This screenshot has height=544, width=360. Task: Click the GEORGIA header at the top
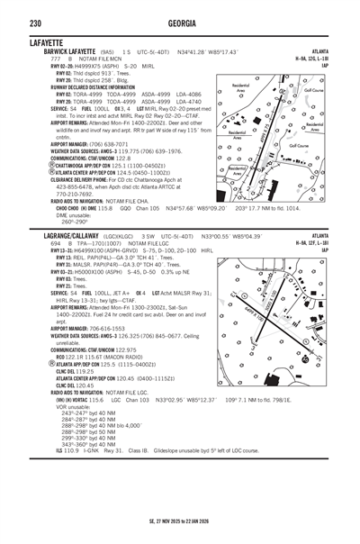179,9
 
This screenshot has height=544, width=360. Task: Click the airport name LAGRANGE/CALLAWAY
46,235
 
